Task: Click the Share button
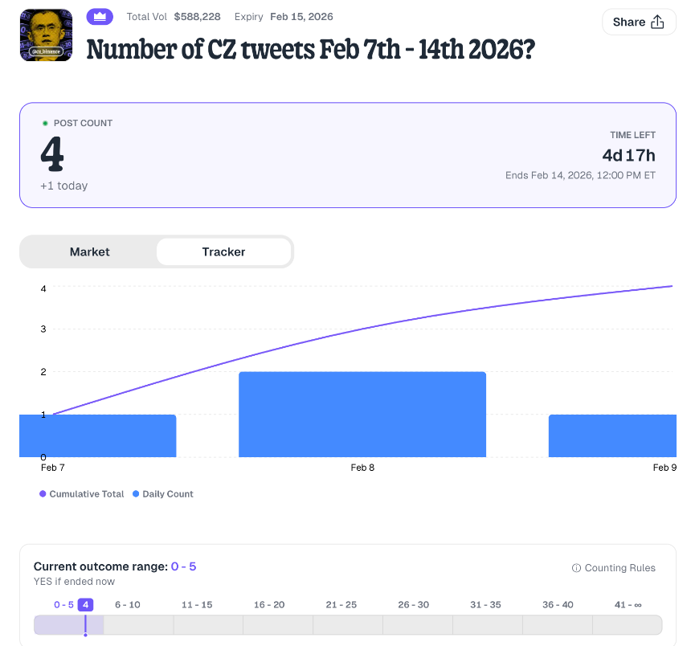tap(639, 22)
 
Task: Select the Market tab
tap(89, 251)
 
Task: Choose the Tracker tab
tap(223, 251)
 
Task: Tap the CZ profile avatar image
tap(46, 35)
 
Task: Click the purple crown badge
tap(100, 16)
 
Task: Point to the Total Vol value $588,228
tap(197, 16)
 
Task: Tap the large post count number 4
tap(52, 155)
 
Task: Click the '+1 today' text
tap(63, 186)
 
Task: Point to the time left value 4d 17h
tap(628, 155)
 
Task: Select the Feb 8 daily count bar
tap(362, 414)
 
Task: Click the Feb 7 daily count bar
tap(97, 435)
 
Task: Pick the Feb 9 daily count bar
tap(612, 435)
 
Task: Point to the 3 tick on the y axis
tap(43, 329)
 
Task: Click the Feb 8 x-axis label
tap(362, 468)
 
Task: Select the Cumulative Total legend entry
tap(82, 494)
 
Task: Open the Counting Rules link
tap(614, 568)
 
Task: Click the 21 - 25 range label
tap(341, 604)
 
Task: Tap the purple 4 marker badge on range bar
tap(85, 604)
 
